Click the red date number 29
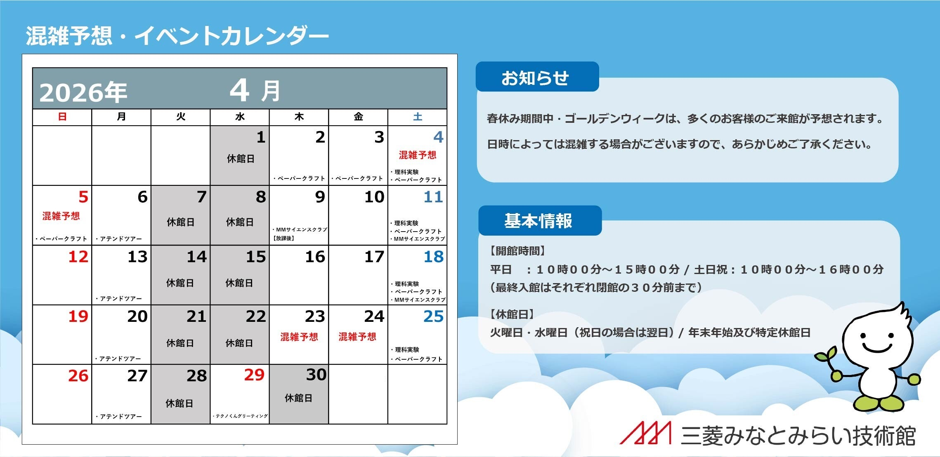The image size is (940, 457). point(254,375)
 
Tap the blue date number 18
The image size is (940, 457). point(433,257)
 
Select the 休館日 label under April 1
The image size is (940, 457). point(240,159)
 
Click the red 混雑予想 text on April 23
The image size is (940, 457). point(299,337)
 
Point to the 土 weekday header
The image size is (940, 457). point(418,117)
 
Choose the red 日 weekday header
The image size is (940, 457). point(62,117)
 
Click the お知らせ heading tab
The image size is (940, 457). point(535,77)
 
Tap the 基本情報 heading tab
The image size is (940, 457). point(538,221)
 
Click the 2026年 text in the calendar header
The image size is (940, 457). point(83,92)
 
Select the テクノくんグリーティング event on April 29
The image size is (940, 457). point(241,416)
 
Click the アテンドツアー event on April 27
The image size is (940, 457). point(119,417)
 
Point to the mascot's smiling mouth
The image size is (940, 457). point(877,348)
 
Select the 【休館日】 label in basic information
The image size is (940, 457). point(512,314)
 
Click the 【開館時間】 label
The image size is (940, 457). point(517,251)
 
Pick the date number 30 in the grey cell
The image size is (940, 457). point(316,375)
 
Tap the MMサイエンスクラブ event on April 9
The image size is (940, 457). point(300,230)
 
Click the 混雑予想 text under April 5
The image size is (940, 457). point(61,216)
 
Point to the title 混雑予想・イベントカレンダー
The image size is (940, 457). point(177,35)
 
